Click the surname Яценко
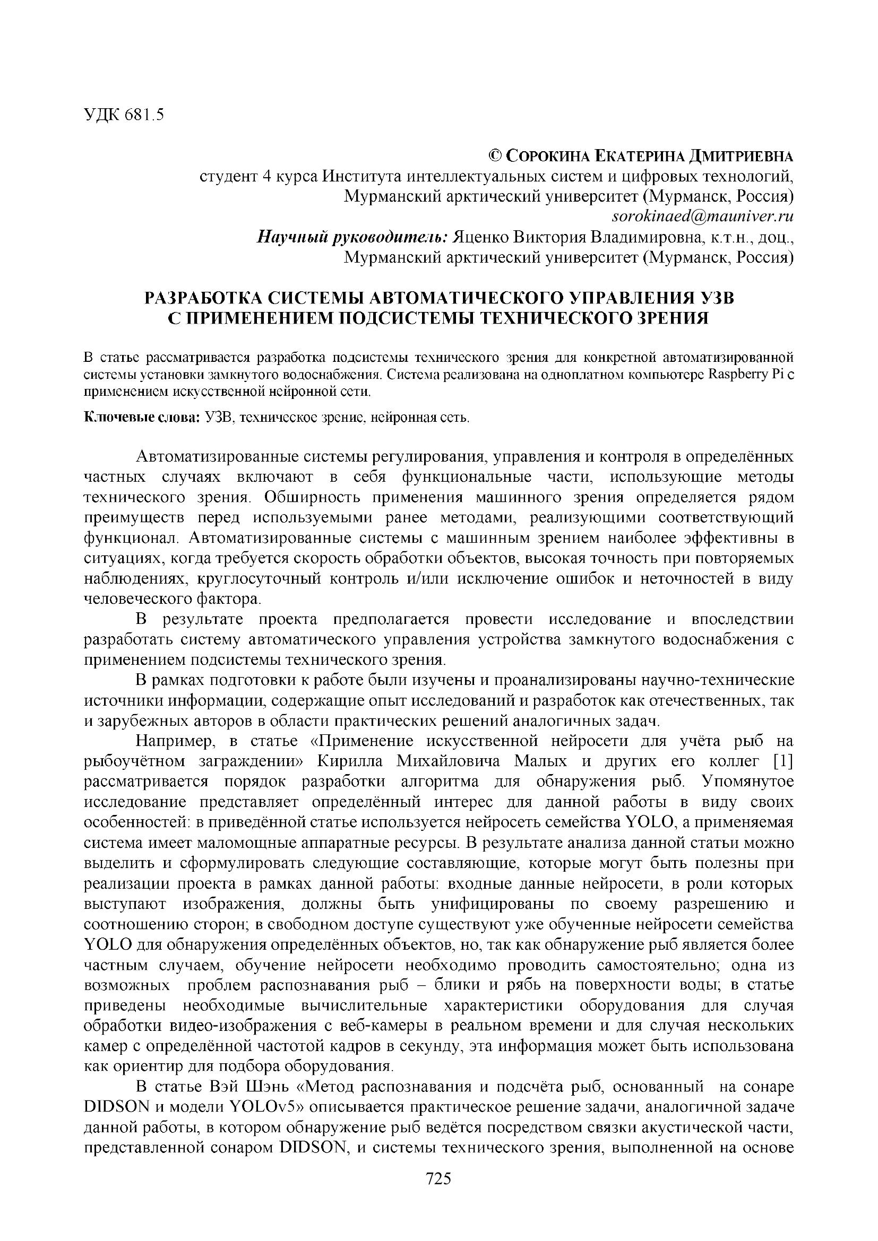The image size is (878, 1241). click(x=480, y=237)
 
